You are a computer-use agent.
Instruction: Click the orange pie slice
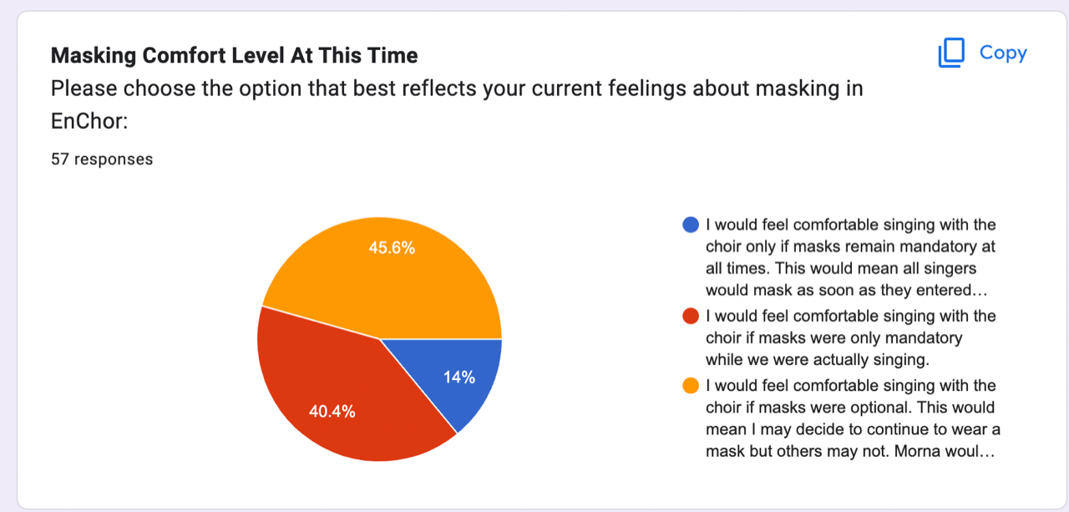[382, 281]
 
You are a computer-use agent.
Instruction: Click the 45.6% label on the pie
[392, 248]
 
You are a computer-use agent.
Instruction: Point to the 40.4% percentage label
[332, 411]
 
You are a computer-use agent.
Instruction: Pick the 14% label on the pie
[459, 378]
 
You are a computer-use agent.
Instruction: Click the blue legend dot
[691, 225]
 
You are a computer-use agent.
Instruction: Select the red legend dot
[691, 316]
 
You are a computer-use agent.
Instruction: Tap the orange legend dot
[691, 386]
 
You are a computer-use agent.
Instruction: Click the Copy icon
[951, 53]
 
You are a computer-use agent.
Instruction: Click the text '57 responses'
[102, 159]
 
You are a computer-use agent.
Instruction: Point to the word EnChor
[89, 121]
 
